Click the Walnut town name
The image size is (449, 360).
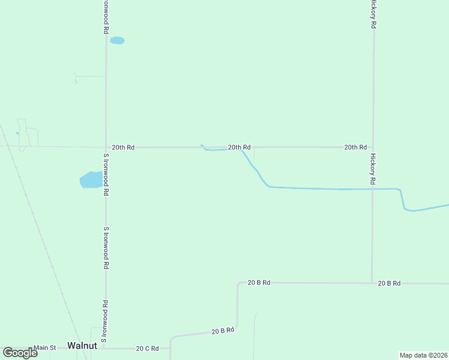(x=82, y=346)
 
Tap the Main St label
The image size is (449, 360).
(x=44, y=347)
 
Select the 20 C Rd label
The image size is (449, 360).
(x=147, y=348)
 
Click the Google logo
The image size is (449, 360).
(x=20, y=353)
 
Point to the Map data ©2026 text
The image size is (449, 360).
(x=424, y=355)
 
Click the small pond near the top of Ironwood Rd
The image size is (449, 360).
(x=117, y=40)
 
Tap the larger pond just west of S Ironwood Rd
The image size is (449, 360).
(x=92, y=179)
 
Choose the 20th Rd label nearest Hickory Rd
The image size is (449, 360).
(x=355, y=147)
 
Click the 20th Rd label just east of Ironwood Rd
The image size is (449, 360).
(x=123, y=147)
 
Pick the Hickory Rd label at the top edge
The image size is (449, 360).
(x=373, y=14)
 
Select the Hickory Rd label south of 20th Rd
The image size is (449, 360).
(x=373, y=169)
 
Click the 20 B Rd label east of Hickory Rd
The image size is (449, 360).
(x=389, y=283)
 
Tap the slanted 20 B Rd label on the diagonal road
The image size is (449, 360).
(x=222, y=331)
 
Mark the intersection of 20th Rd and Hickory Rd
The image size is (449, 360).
(x=373, y=147)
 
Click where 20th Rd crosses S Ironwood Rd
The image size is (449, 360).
(x=106, y=147)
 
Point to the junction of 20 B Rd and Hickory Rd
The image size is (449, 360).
(x=372, y=283)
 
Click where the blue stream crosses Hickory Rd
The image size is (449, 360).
(x=372, y=189)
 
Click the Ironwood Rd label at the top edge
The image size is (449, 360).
(x=106, y=16)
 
